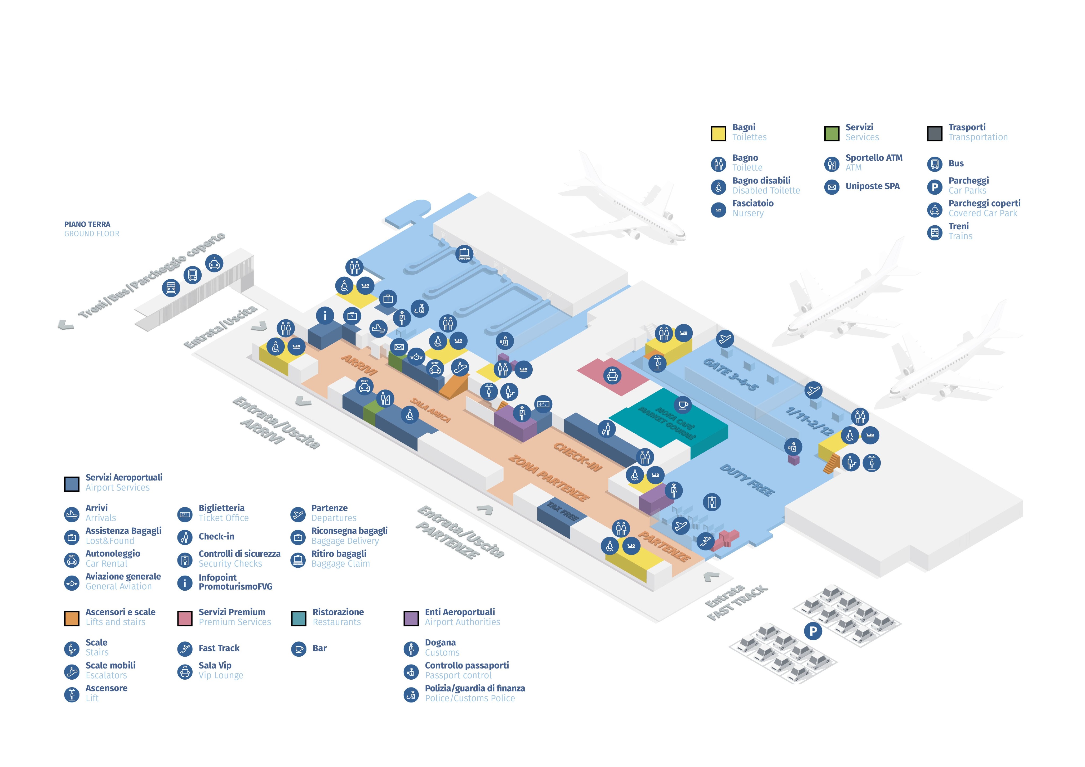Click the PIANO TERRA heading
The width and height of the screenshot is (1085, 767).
click(87, 224)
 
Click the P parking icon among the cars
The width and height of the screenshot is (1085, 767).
click(813, 631)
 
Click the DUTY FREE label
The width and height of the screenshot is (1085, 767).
click(747, 480)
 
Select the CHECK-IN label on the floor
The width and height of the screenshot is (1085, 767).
click(577, 457)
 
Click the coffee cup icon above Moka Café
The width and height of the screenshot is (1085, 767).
click(682, 405)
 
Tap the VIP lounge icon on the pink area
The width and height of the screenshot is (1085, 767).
click(612, 376)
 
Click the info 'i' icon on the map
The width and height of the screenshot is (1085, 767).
click(325, 316)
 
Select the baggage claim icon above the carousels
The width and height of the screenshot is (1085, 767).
click(464, 254)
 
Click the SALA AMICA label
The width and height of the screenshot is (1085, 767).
click(430, 410)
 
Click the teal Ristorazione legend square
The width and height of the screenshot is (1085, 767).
click(299, 618)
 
